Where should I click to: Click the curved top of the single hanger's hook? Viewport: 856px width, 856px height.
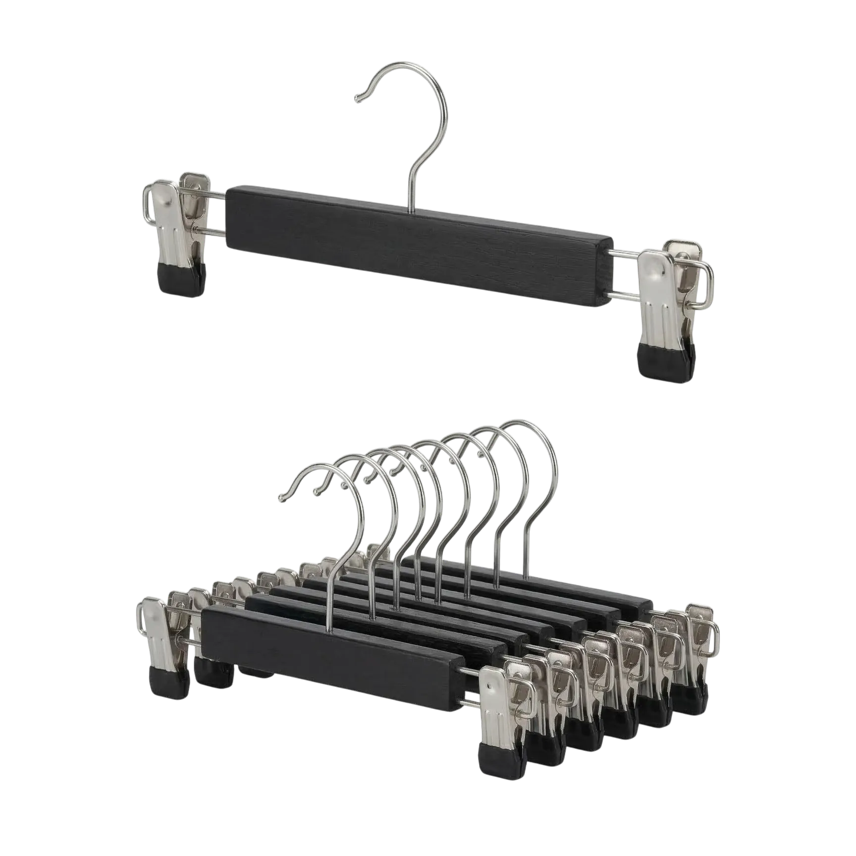(426, 74)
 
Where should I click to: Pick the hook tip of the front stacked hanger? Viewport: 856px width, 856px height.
(281, 497)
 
